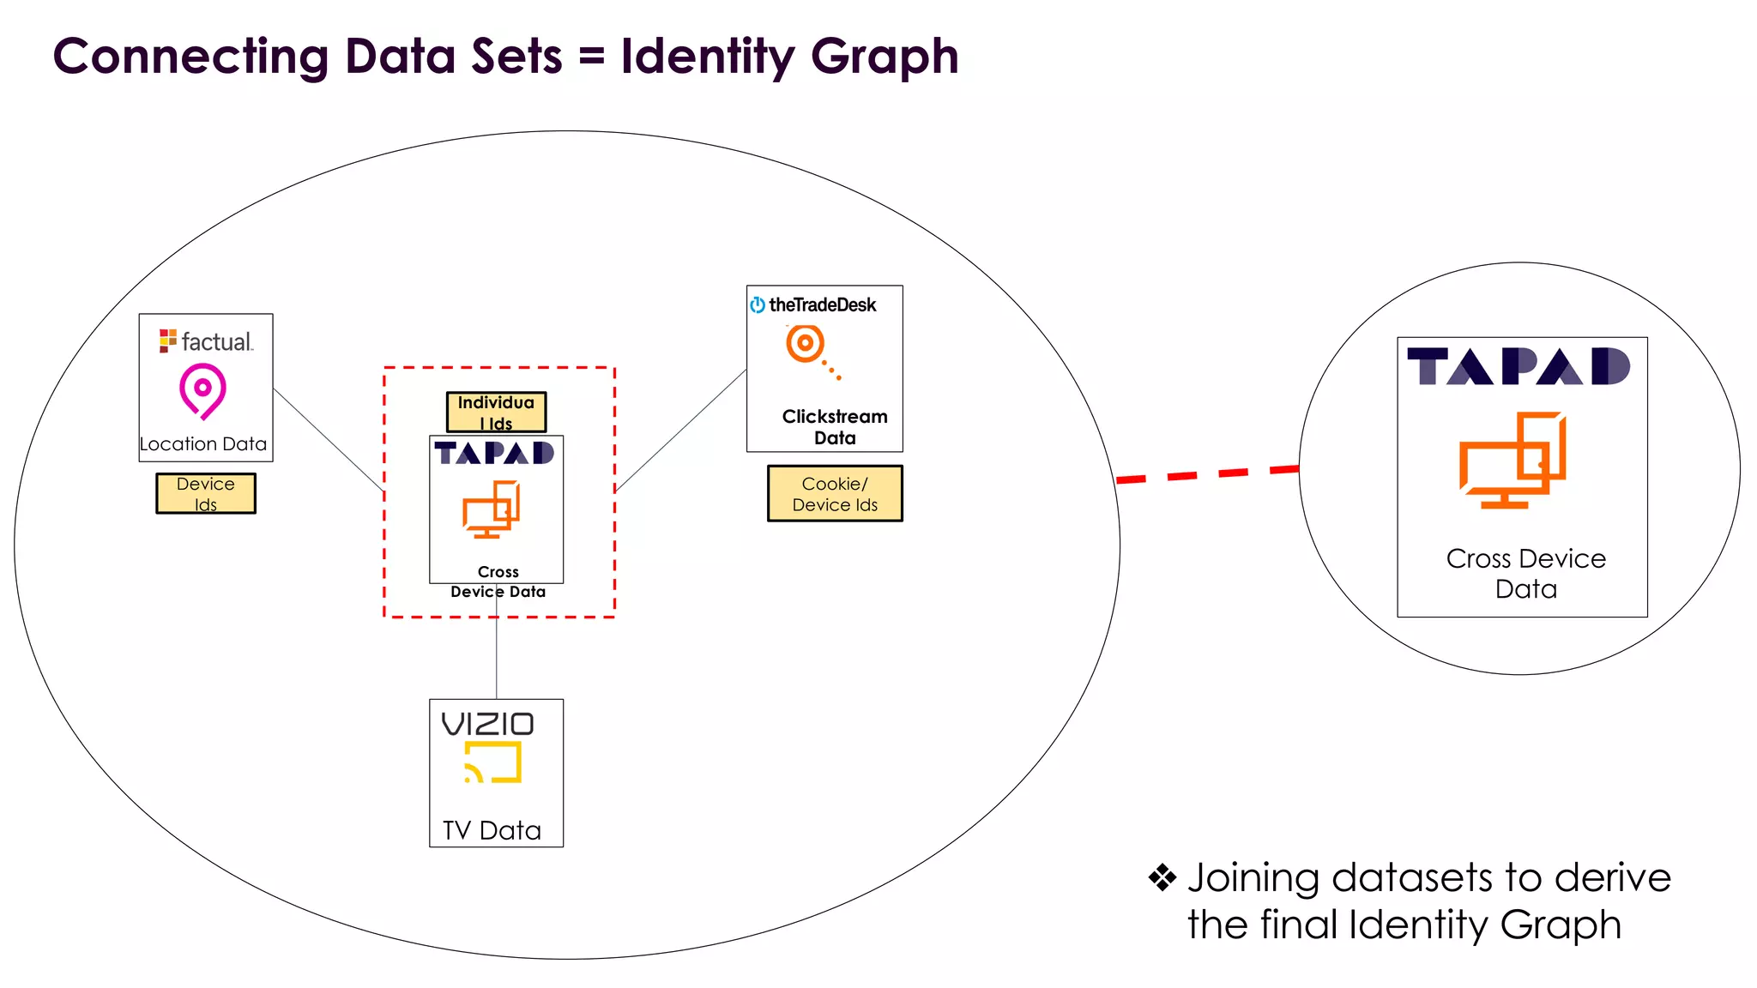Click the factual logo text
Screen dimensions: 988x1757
[216, 341]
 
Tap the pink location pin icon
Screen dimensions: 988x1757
[202, 390]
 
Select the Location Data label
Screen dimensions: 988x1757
[203, 444]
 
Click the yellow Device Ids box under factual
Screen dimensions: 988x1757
[206, 494]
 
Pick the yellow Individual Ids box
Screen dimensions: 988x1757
[496, 413]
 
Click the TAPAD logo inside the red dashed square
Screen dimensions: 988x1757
[495, 453]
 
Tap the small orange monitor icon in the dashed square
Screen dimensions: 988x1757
[492, 509]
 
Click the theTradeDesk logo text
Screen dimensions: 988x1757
[822, 304]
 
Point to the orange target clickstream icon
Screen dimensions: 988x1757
[807, 346]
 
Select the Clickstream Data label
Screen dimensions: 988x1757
[835, 427]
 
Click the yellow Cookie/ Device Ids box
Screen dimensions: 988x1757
[835, 494]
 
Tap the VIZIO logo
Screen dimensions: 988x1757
[487, 725]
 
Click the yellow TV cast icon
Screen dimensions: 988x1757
[493, 762]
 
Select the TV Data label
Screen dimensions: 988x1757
[492, 830]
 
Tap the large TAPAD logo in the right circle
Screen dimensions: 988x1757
[1519, 367]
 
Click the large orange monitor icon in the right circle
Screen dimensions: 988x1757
[1513, 461]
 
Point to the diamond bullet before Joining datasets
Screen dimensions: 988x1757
[1162, 877]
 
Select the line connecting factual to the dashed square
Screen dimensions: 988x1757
[329, 440]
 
